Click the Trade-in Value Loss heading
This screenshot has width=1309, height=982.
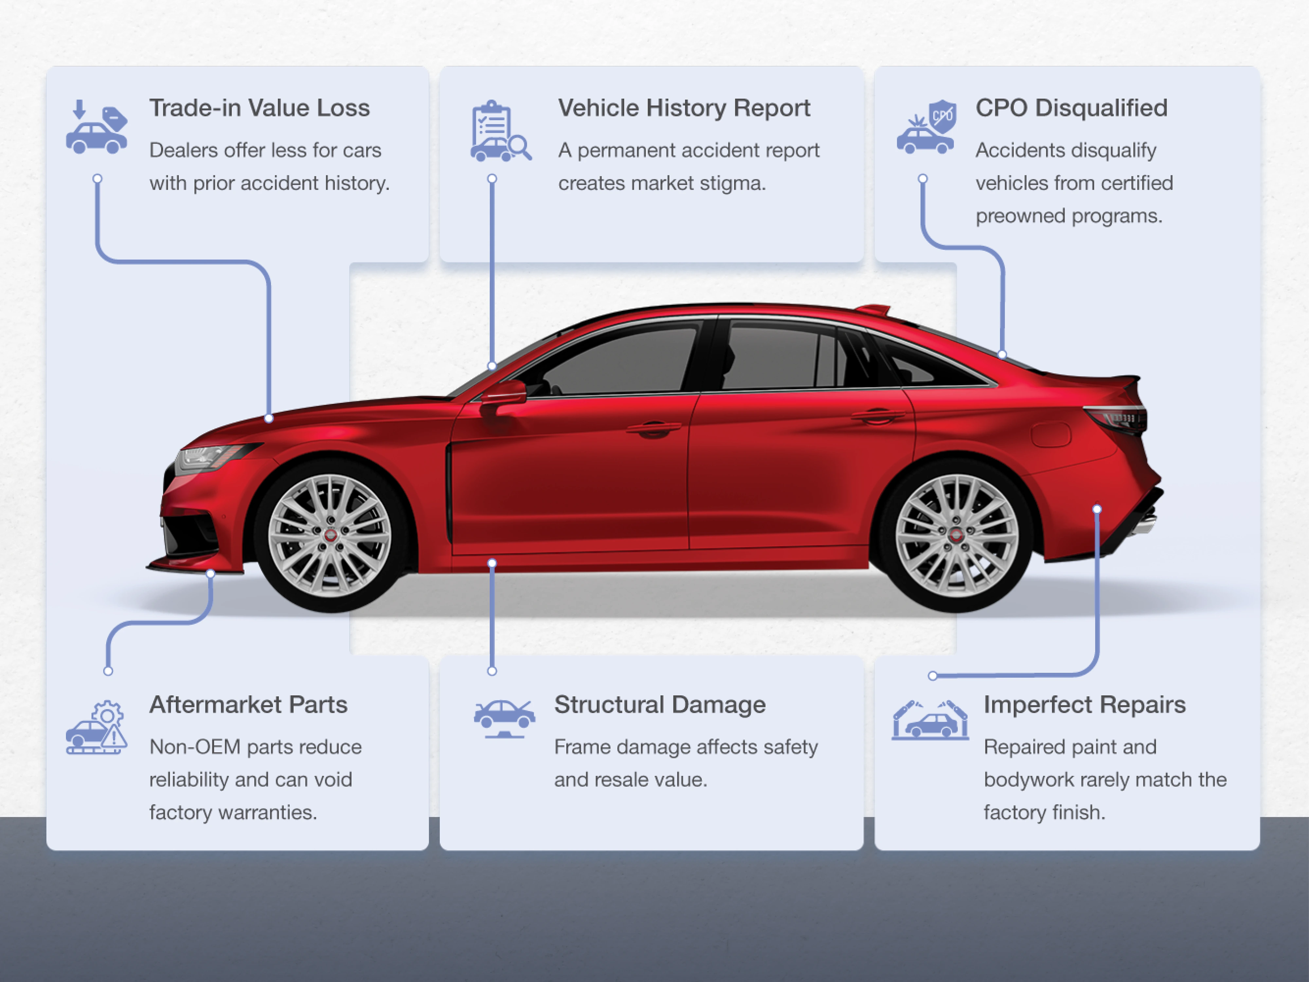[x=259, y=108]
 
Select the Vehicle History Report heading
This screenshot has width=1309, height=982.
[x=684, y=108]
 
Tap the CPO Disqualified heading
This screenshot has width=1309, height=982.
[x=1071, y=108]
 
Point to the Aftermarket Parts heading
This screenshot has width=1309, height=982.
[x=248, y=705]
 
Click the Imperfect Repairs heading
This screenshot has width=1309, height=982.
[x=1084, y=705]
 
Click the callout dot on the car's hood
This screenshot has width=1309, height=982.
[x=269, y=418]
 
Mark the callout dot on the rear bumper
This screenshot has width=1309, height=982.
[x=1097, y=509]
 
